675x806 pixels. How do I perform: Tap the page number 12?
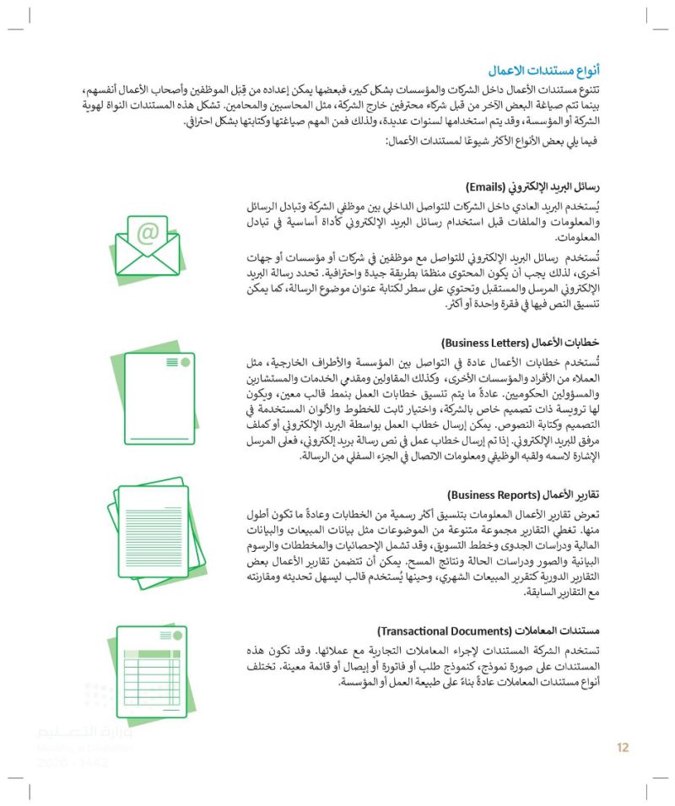click(x=623, y=747)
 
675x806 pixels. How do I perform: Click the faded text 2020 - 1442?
click(x=73, y=763)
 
